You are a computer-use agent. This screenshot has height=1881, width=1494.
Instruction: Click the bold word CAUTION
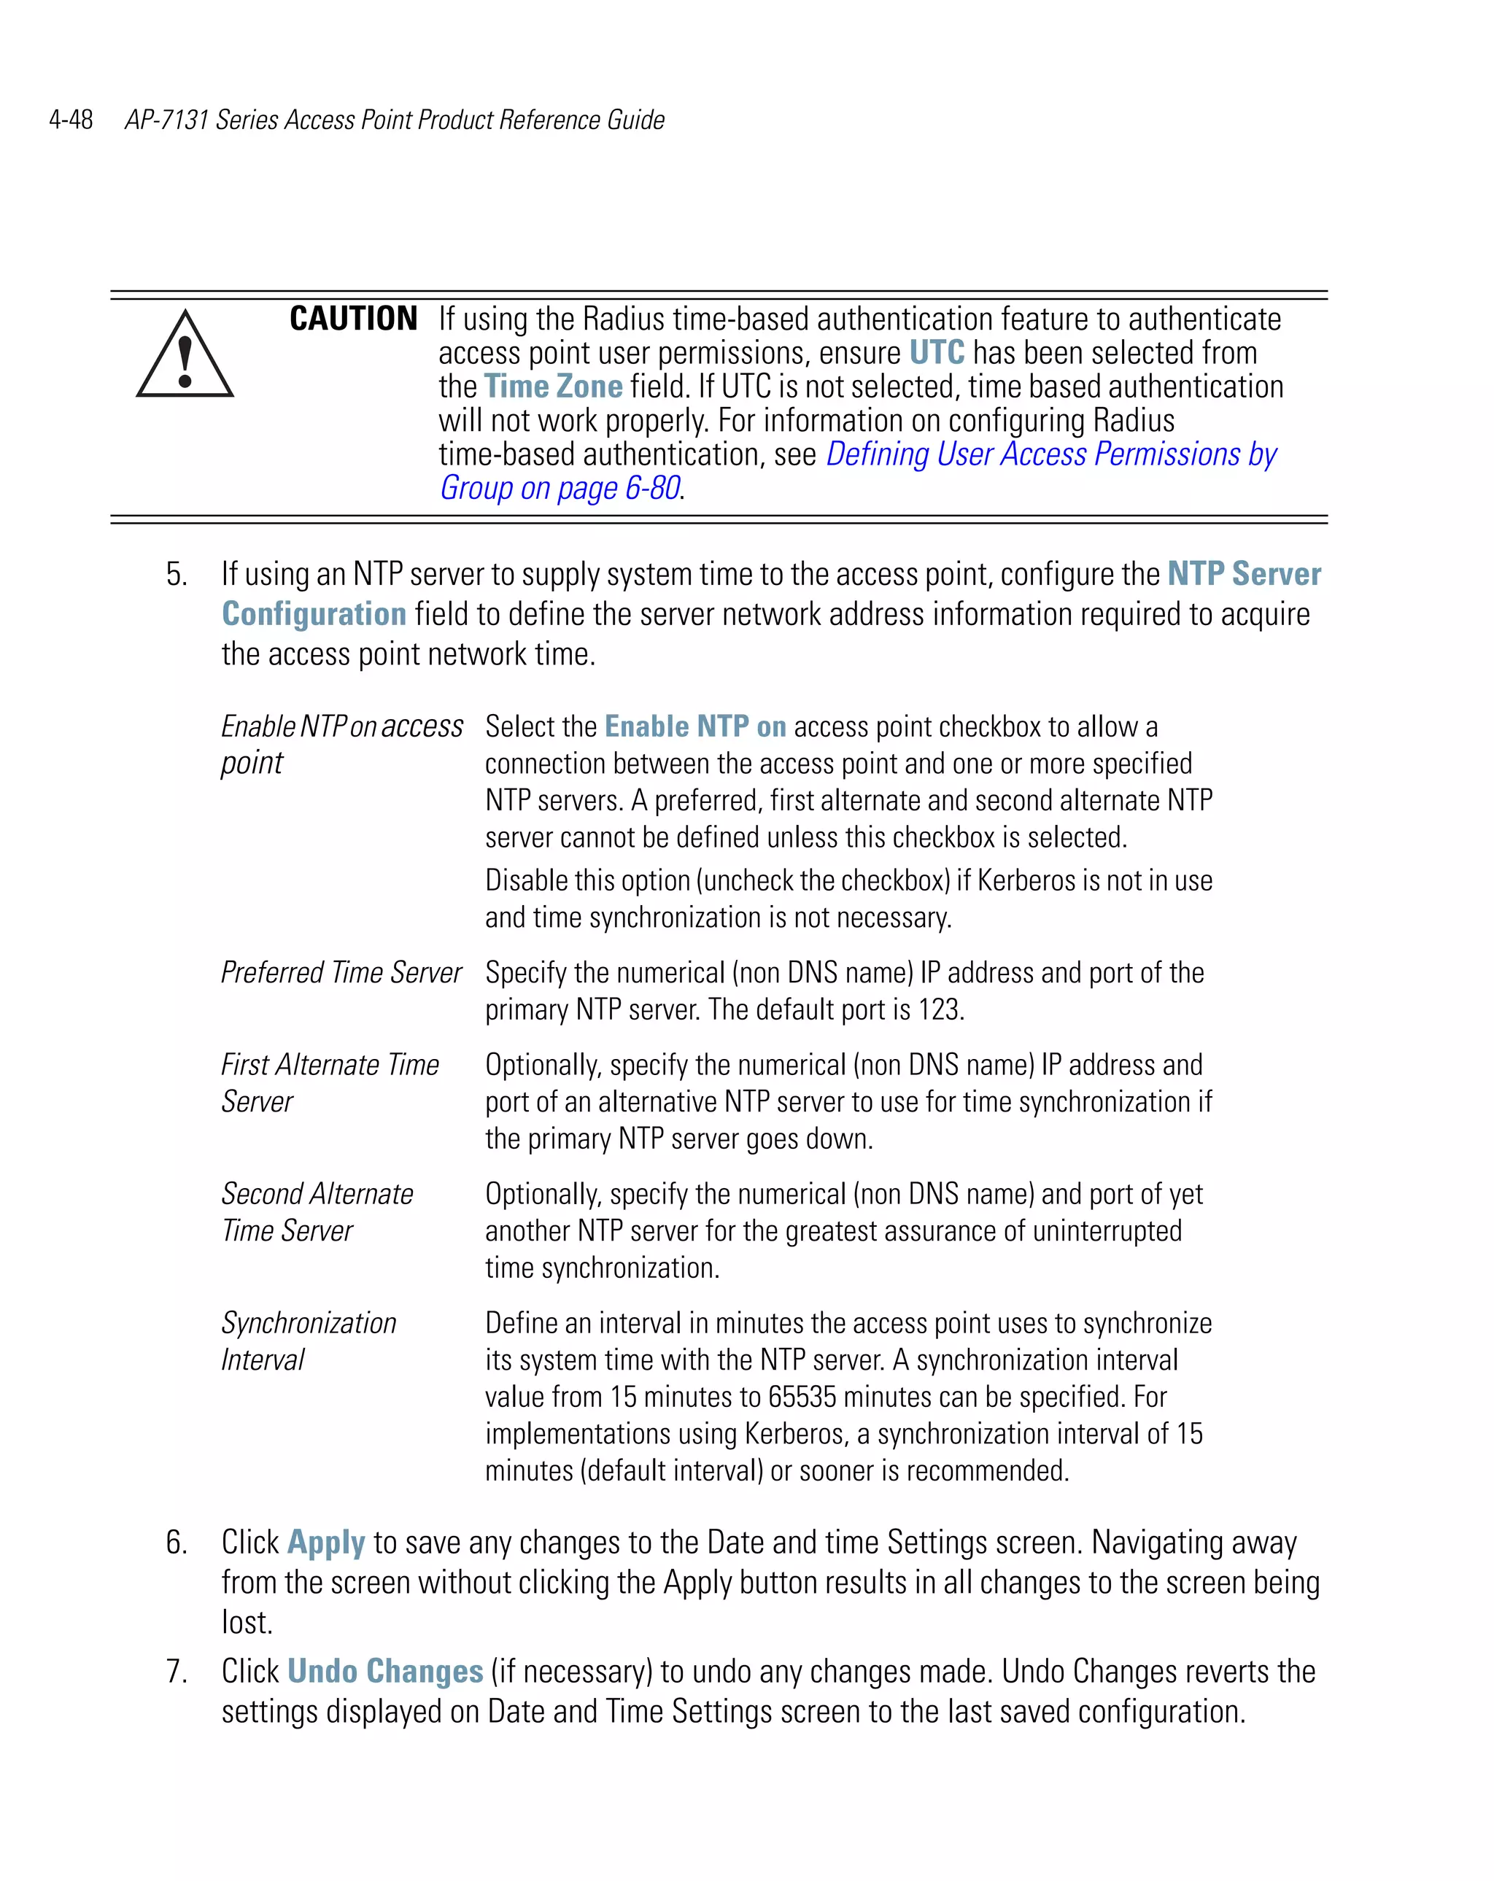pos(353,319)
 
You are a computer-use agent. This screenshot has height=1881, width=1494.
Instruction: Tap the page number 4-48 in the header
pos(71,120)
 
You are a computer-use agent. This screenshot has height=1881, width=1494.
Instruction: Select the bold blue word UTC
pos(937,352)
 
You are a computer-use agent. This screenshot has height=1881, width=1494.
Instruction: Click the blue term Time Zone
pos(553,387)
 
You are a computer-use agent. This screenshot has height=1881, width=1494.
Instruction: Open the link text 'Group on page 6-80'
pos(560,488)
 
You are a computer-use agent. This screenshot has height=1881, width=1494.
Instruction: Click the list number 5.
pos(177,574)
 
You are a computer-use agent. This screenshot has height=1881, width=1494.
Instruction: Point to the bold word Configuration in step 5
pos(313,614)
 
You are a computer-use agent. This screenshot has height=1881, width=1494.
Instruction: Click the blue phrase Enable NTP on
pos(694,726)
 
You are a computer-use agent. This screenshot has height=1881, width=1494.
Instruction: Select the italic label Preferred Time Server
pos(341,972)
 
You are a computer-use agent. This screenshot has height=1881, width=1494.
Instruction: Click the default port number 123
pos(939,1009)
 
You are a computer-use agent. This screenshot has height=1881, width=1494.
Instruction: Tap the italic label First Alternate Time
pos(330,1064)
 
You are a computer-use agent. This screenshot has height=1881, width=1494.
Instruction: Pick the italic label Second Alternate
pos(317,1193)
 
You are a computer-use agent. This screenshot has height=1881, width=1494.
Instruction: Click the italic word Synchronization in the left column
pos(308,1322)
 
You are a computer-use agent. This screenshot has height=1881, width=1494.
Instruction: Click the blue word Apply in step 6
pos(325,1543)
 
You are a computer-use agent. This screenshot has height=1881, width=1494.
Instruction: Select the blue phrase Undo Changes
pos(385,1672)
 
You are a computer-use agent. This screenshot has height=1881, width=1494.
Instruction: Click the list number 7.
pos(177,1672)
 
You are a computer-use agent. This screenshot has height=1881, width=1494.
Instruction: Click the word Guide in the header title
pos(635,120)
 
